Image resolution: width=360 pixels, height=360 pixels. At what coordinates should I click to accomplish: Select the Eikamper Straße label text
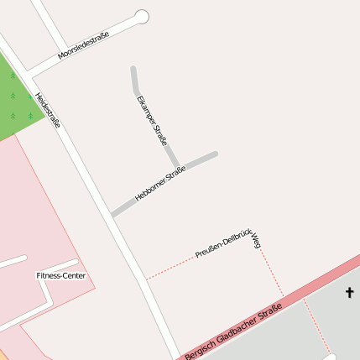point(151,120)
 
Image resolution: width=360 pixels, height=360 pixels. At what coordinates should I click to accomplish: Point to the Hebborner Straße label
point(159,185)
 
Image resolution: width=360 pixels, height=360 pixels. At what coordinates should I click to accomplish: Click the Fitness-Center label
point(60,275)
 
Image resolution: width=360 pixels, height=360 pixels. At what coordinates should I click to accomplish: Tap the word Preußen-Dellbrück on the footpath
point(223,243)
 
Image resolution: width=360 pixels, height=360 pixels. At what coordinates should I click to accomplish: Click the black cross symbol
point(349,292)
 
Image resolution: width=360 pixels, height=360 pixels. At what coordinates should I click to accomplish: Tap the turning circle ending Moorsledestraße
point(142,16)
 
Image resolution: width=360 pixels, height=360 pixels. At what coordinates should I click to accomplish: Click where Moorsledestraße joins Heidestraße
point(29,73)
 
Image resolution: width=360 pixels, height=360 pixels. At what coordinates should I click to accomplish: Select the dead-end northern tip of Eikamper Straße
point(133,69)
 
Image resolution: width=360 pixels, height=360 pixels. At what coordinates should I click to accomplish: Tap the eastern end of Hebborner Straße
point(215,154)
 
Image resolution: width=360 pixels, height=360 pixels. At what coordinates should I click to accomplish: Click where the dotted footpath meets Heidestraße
point(147,279)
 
